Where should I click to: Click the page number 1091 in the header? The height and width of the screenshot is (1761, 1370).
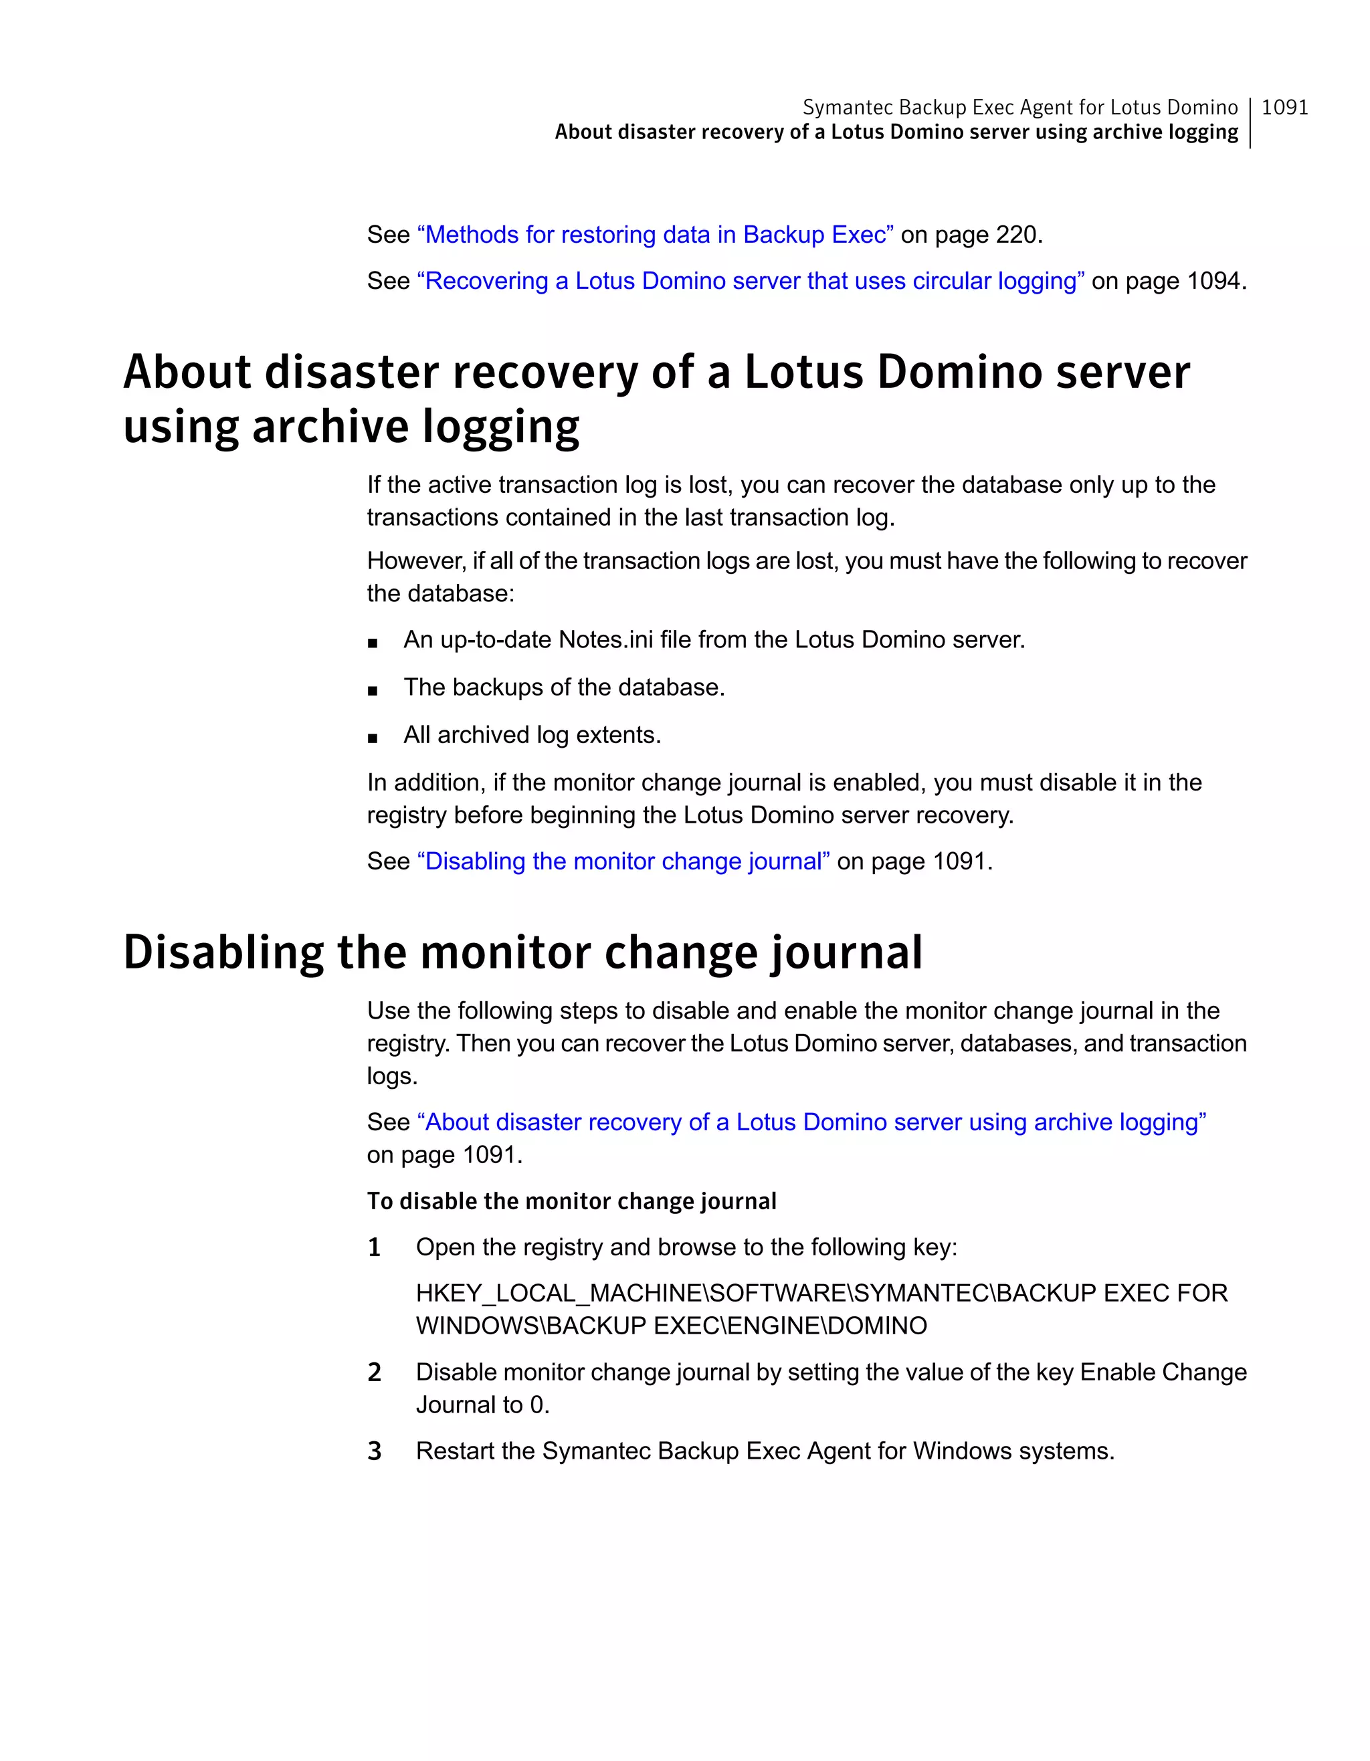(1284, 107)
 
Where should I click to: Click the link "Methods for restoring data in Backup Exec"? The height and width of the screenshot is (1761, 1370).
(655, 235)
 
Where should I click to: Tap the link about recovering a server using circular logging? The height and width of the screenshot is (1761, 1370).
(750, 281)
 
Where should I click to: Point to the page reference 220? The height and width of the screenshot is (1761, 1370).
(1016, 235)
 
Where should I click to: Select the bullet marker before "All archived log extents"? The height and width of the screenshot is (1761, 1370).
(372, 737)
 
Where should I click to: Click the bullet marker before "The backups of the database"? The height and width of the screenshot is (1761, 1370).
(372, 690)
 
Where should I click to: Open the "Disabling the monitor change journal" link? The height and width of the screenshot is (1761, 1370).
(623, 861)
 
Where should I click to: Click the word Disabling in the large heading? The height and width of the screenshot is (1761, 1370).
(223, 952)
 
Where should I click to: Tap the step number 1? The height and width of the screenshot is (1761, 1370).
(374, 1247)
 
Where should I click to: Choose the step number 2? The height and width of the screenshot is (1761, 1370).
(374, 1372)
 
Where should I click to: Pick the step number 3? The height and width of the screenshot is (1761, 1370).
(374, 1451)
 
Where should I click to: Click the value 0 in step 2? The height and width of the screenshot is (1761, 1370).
(536, 1405)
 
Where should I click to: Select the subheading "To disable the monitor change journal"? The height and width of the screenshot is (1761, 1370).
(572, 1201)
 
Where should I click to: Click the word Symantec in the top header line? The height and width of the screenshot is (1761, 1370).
(847, 107)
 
